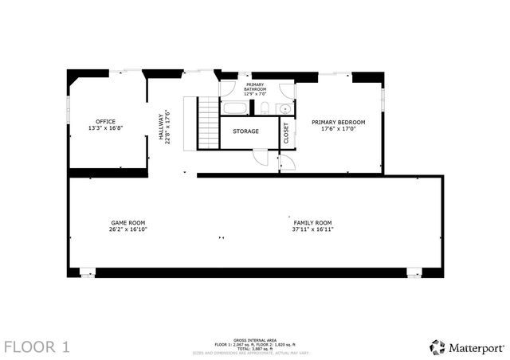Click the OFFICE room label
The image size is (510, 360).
(106, 122)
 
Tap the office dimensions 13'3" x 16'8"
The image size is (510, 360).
(106, 128)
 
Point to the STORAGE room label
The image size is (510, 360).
(245, 131)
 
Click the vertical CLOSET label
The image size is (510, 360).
(286, 132)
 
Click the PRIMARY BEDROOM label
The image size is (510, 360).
(343, 122)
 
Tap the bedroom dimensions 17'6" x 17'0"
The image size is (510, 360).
(343, 128)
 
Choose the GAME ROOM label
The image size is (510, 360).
(127, 222)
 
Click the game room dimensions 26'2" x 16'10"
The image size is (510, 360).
(127, 229)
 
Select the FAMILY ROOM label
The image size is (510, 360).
(312, 222)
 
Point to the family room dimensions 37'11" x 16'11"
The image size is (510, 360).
(312, 229)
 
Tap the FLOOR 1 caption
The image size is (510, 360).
(37, 346)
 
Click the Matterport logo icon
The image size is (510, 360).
(437, 346)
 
